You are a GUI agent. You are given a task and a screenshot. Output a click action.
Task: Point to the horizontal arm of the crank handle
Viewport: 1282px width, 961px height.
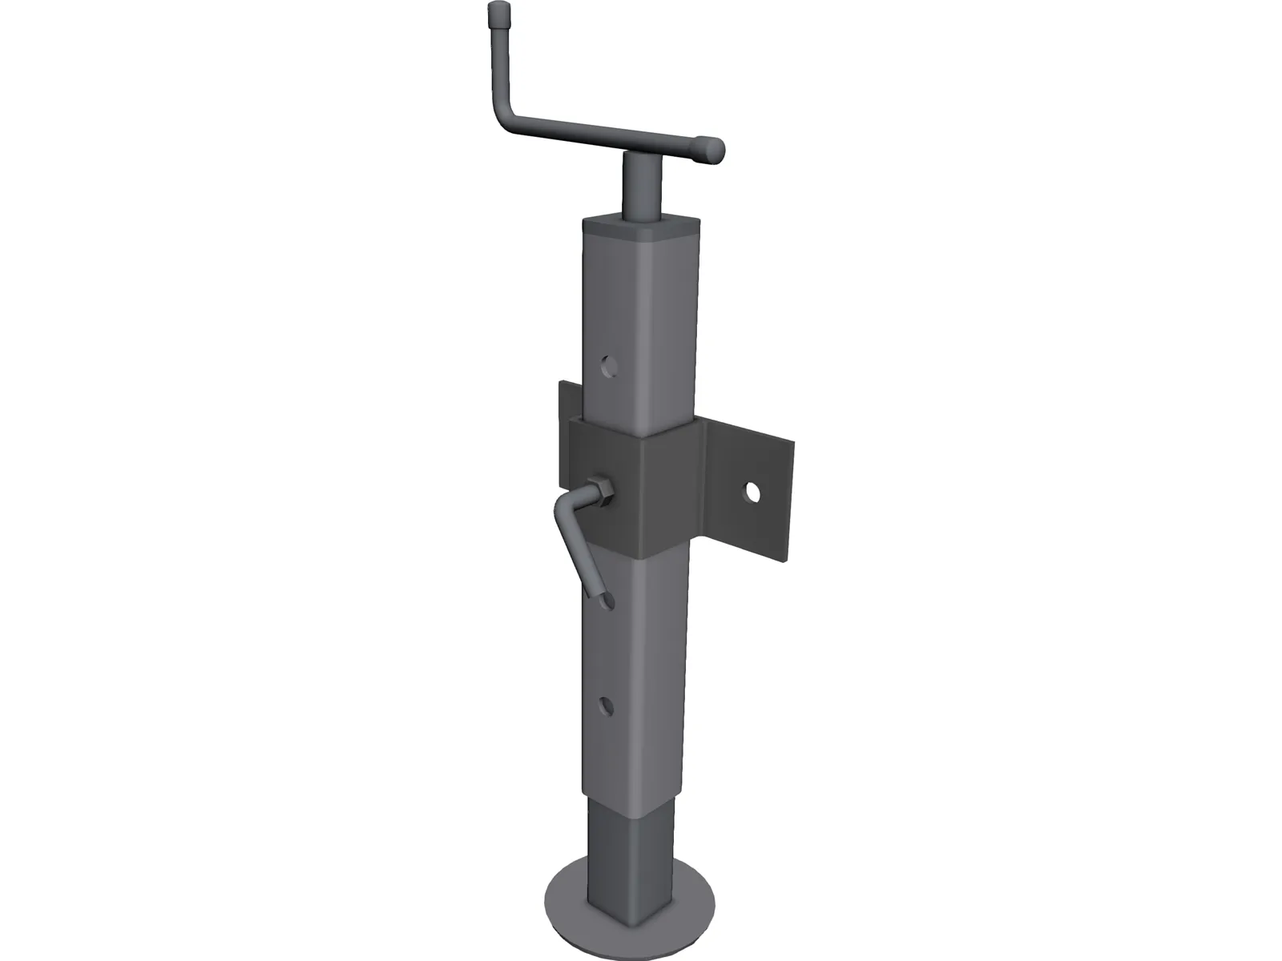coord(609,136)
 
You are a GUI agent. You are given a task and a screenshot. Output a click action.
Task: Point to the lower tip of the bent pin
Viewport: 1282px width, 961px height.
coord(599,596)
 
